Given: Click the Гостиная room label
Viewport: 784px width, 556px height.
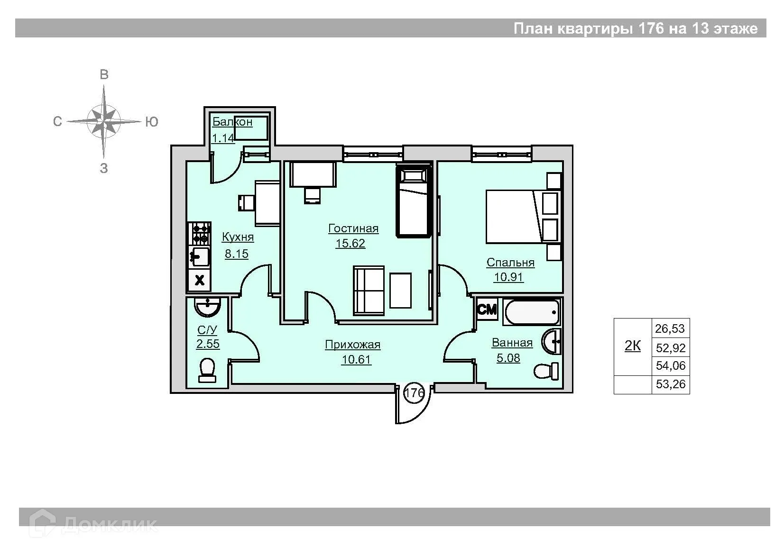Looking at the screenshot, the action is [x=353, y=228].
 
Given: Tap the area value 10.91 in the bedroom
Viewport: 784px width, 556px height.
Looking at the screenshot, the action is [x=508, y=277].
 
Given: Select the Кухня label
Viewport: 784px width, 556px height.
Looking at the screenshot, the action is [x=238, y=237].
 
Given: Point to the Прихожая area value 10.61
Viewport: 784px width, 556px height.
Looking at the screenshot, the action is [x=356, y=359].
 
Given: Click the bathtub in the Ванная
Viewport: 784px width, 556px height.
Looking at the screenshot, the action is [x=532, y=312].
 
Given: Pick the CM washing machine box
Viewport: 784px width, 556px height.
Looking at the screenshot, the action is [x=487, y=309].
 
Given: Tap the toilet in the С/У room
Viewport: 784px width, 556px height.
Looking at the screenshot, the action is [x=207, y=370].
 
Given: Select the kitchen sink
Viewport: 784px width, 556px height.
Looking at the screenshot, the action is [x=199, y=256].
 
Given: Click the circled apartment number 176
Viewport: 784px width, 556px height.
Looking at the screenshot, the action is [x=415, y=392].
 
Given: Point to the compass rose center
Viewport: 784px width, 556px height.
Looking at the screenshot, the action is [x=103, y=122].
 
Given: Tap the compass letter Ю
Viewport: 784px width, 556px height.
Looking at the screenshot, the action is [x=152, y=122].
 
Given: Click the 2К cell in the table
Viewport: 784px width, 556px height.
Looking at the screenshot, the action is [x=633, y=346].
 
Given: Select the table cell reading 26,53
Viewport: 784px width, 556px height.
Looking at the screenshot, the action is [x=670, y=328].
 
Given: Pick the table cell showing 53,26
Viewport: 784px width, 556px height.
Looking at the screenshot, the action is [x=671, y=384].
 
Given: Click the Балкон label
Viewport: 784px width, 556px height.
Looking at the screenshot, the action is [x=232, y=122].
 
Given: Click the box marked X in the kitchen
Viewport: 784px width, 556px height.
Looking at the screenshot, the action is [x=200, y=280].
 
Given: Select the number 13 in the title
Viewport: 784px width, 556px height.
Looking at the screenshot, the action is [x=700, y=28].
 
